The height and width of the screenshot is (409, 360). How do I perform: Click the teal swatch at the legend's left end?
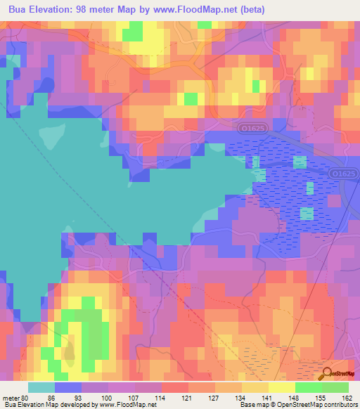click(41, 387)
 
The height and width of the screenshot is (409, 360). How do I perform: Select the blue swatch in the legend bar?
click(68, 387)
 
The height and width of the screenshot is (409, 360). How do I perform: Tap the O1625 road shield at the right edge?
click(342, 173)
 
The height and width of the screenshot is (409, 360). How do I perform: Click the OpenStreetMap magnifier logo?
click(327, 375)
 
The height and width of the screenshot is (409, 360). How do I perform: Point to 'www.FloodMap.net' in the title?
click(195, 10)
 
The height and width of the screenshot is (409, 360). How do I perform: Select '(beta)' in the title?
click(251, 10)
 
